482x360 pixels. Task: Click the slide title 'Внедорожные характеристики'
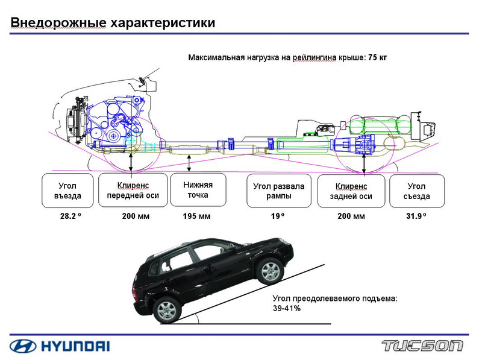tap(113, 22)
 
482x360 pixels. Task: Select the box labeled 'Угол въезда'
tap(67, 190)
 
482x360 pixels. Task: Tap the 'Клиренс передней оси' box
tap(133, 190)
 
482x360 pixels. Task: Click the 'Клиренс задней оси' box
tap(351, 190)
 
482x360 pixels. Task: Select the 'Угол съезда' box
tap(417, 190)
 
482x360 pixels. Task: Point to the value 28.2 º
tap(67, 216)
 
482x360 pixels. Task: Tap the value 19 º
tap(278, 216)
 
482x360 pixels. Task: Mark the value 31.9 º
tap(416, 216)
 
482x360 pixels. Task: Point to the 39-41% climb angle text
tap(287, 308)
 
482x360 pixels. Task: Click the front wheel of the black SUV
tap(269, 271)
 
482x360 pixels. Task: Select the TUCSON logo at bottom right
tap(422, 346)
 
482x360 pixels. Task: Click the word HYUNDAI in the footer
tap(75, 346)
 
